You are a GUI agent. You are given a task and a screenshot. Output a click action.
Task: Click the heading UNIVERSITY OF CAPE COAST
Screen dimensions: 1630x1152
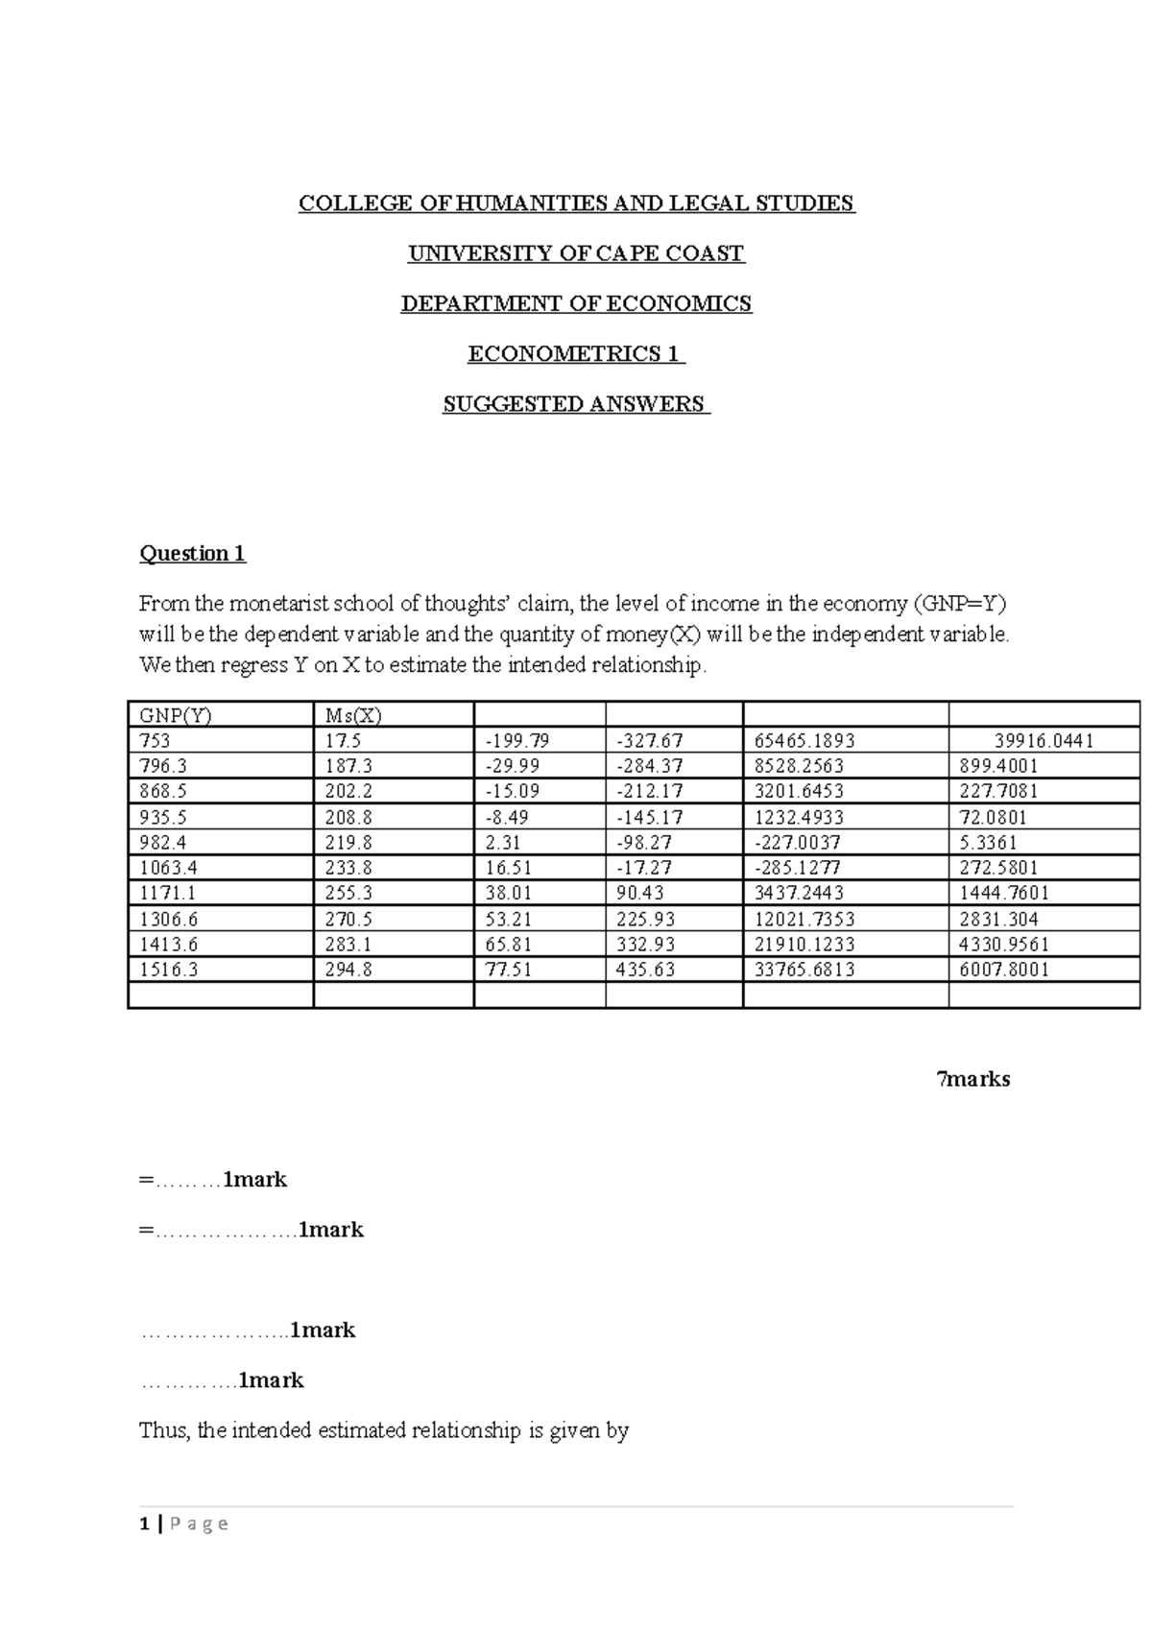pyautogui.click(x=576, y=253)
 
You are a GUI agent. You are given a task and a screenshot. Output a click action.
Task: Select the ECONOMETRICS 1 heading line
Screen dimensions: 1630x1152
pyautogui.click(x=576, y=354)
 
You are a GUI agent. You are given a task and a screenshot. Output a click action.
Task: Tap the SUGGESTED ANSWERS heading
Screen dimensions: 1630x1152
pyautogui.click(x=576, y=404)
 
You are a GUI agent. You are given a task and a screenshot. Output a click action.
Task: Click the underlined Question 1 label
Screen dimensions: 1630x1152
pyautogui.click(x=193, y=553)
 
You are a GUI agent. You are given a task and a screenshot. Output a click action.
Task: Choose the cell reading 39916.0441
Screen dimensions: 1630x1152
pyautogui.click(x=1044, y=741)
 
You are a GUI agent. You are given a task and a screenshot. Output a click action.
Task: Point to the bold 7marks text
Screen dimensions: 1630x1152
pyautogui.click(x=973, y=1079)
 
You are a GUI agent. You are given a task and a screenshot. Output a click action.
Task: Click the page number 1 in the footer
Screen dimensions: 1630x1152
pyautogui.click(x=144, y=1523)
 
